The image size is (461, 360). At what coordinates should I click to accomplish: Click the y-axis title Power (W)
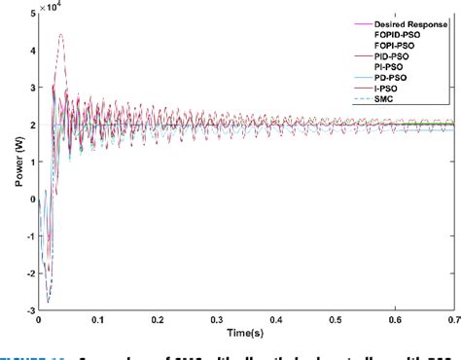[x=10, y=163]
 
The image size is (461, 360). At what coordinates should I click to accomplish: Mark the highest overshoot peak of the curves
[x=61, y=35]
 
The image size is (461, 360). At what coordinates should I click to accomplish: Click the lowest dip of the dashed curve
[x=48, y=303]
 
